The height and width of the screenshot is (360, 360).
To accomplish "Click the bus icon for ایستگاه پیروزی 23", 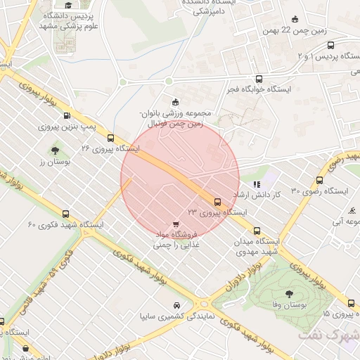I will click(236, 200).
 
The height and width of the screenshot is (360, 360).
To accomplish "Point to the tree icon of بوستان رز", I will click(54, 150).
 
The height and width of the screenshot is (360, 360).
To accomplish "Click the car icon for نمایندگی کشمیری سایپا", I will click(176, 306).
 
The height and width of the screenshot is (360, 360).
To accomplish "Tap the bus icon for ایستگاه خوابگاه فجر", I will click(260, 79).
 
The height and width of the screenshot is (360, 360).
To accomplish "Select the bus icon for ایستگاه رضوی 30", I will click(321, 180).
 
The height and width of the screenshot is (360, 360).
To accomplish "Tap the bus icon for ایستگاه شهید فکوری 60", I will click(66, 214).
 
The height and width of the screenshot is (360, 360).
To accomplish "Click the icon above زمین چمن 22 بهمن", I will click(295, 19).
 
